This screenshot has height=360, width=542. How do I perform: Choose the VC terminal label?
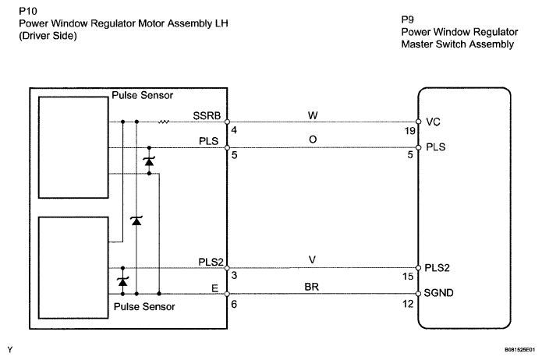click(x=434, y=122)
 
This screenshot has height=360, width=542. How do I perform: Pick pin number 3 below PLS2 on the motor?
click(x=234, y=277)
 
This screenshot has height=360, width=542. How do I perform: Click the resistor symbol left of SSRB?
click(x=165, y=122)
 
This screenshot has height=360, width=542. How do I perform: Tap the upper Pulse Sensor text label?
click(x=143, y=96)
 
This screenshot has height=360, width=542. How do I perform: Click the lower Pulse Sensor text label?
click(x=144, y=307)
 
